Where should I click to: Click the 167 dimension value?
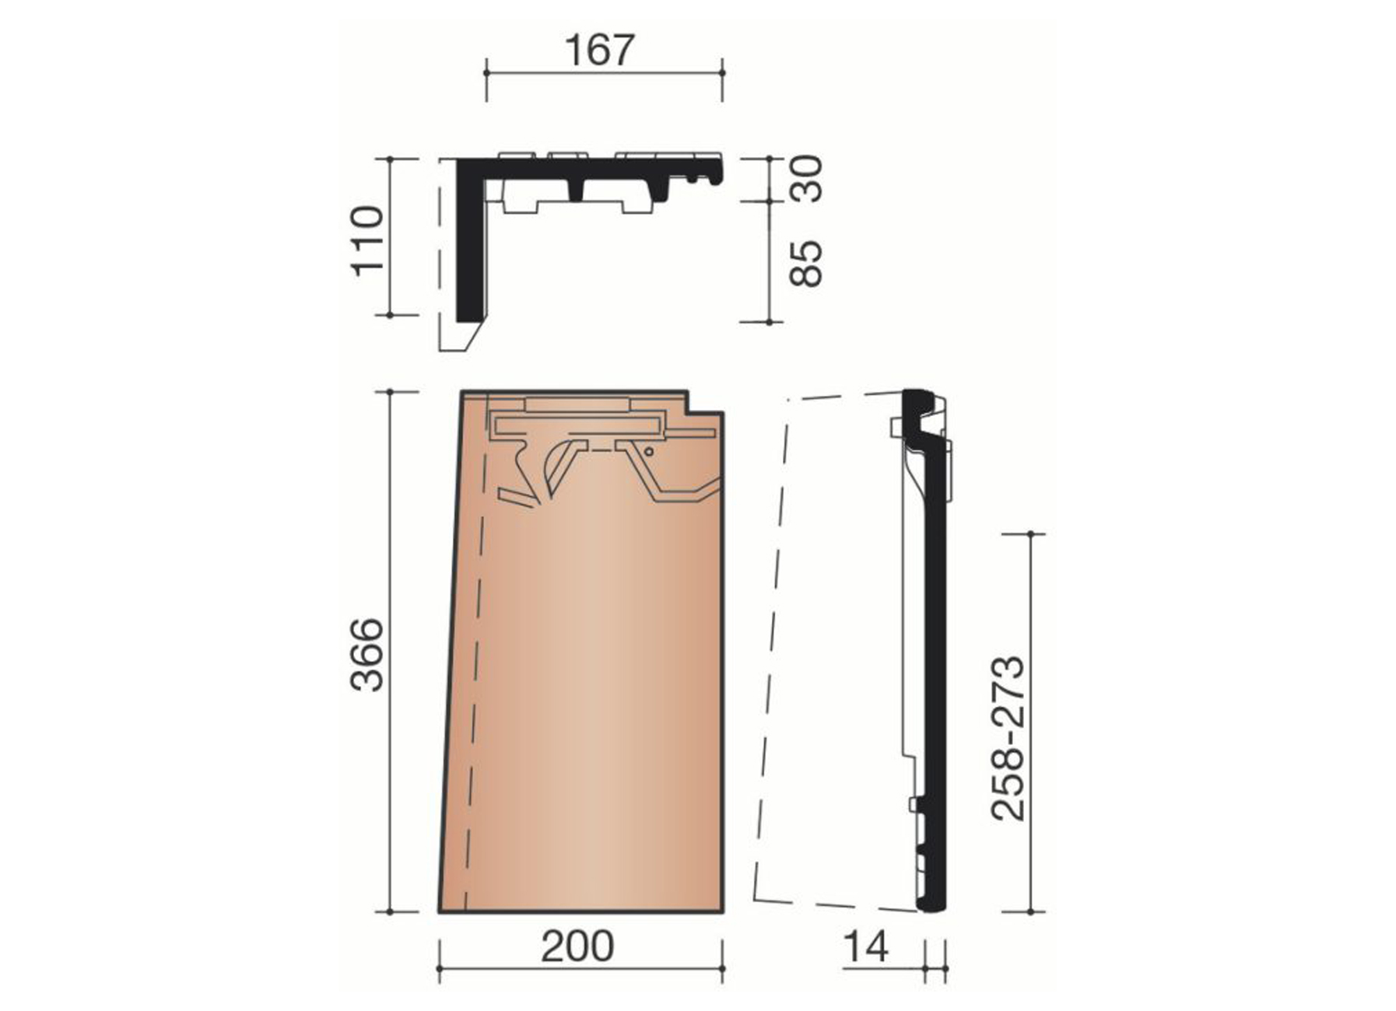599,51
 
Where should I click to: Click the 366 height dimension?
367,654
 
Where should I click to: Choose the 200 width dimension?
577,946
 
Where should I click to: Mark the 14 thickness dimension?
865,946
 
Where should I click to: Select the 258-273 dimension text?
1008,738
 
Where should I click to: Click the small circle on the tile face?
647,451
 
